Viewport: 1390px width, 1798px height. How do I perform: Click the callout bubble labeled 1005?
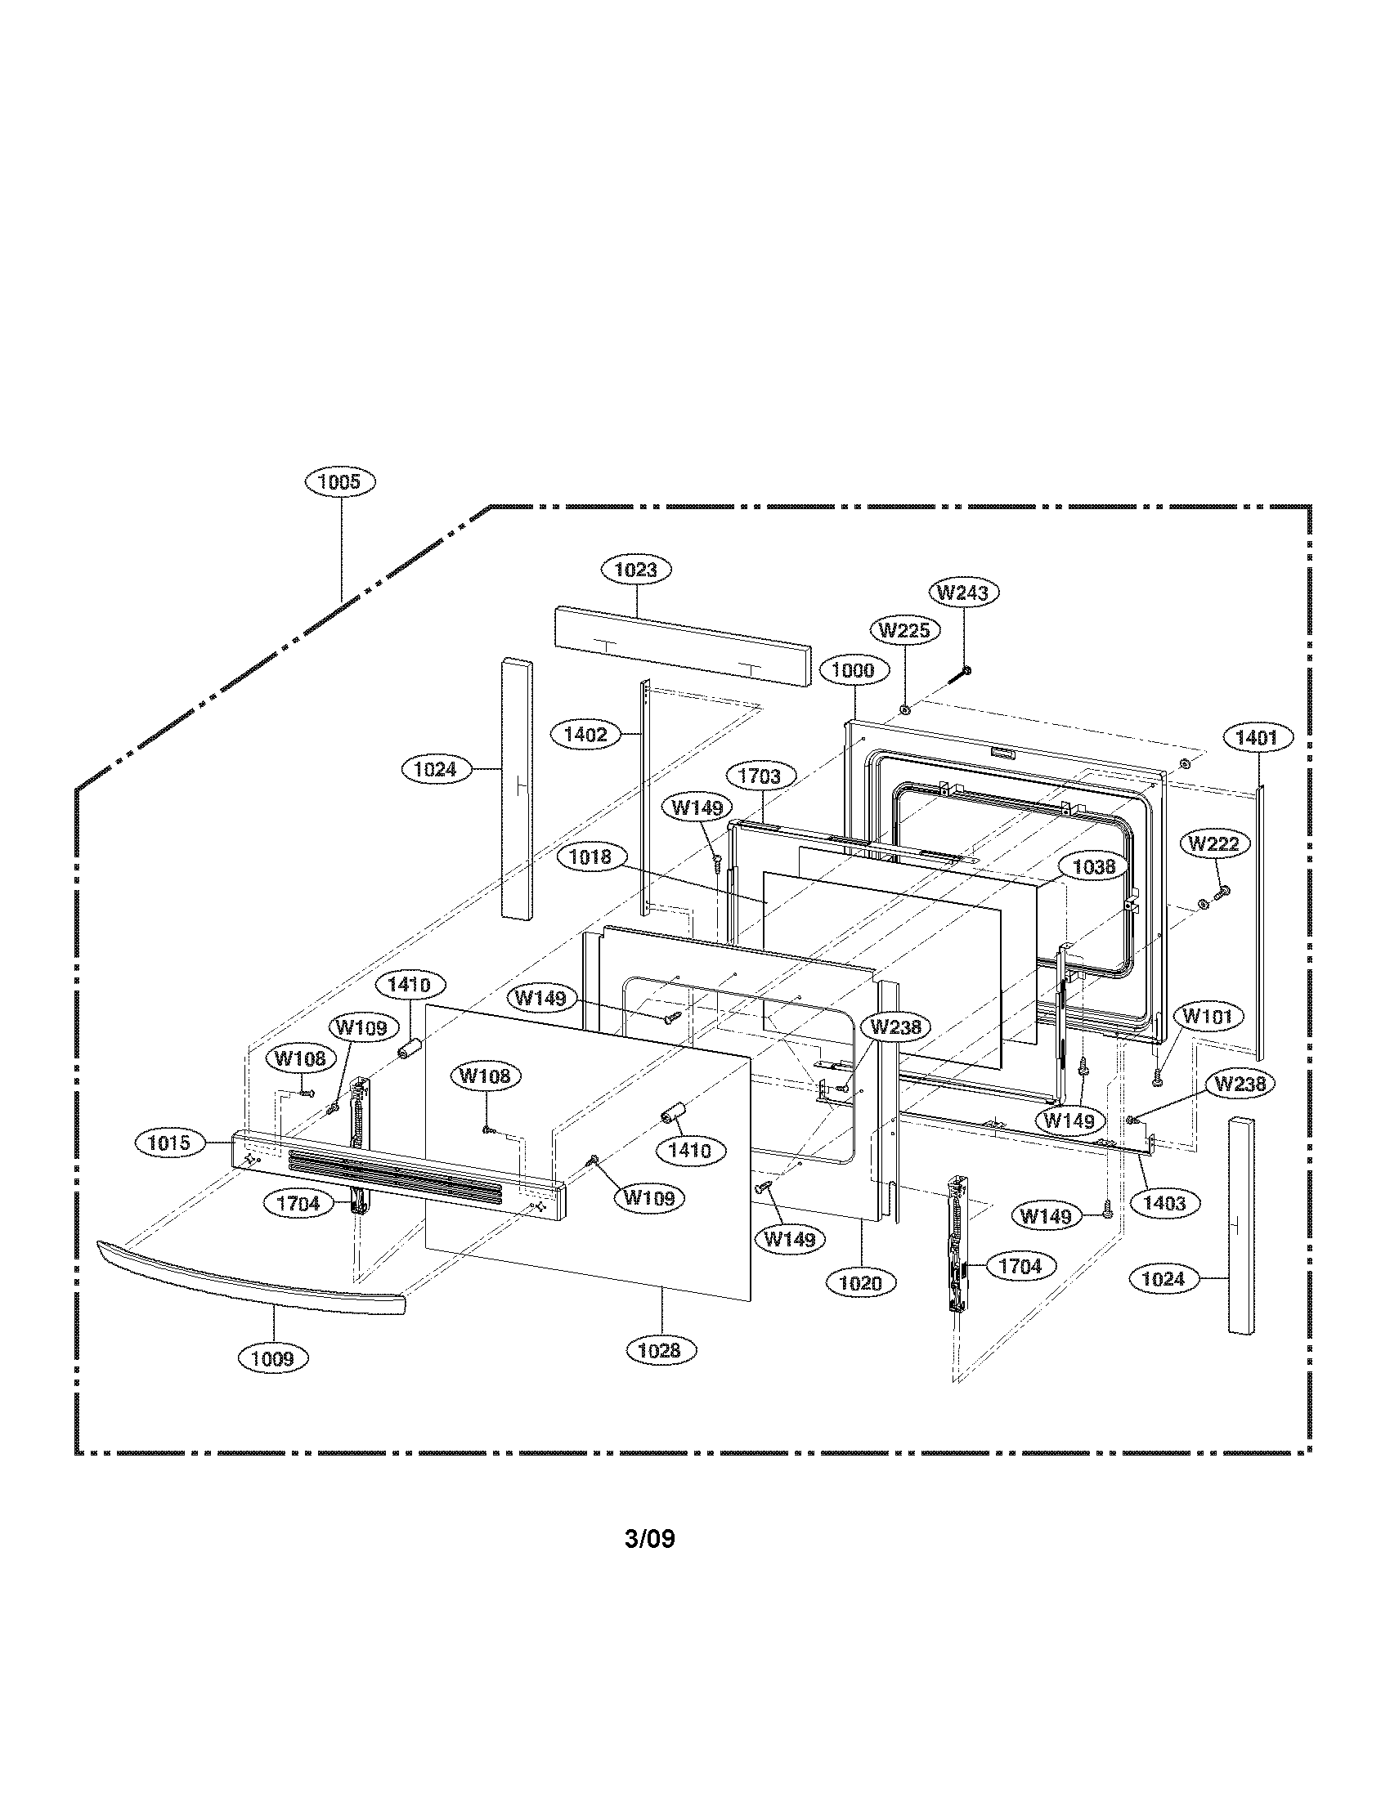point(340,481)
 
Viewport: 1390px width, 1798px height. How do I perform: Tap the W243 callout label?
point(964,592)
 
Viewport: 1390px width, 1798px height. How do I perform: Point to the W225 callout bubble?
point(904,631)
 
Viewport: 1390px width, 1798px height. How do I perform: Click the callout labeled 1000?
point(853,669)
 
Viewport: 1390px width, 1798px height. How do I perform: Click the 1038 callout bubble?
point(1093,866)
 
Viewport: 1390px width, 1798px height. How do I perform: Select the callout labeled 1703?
point(760,776)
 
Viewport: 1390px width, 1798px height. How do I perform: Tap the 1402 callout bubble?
point(585,735)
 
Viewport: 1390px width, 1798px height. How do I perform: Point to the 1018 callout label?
point(590,857)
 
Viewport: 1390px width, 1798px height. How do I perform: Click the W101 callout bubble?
point(1207,1017)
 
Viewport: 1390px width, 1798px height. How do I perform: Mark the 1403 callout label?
point(1164,1203)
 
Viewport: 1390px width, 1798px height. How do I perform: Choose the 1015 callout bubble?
point(168,1143)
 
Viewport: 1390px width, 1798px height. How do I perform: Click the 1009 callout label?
point(272,1357)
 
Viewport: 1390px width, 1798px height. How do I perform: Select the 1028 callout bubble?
point(660,1349)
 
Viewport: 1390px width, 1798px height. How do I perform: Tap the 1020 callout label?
point(860,1282)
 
